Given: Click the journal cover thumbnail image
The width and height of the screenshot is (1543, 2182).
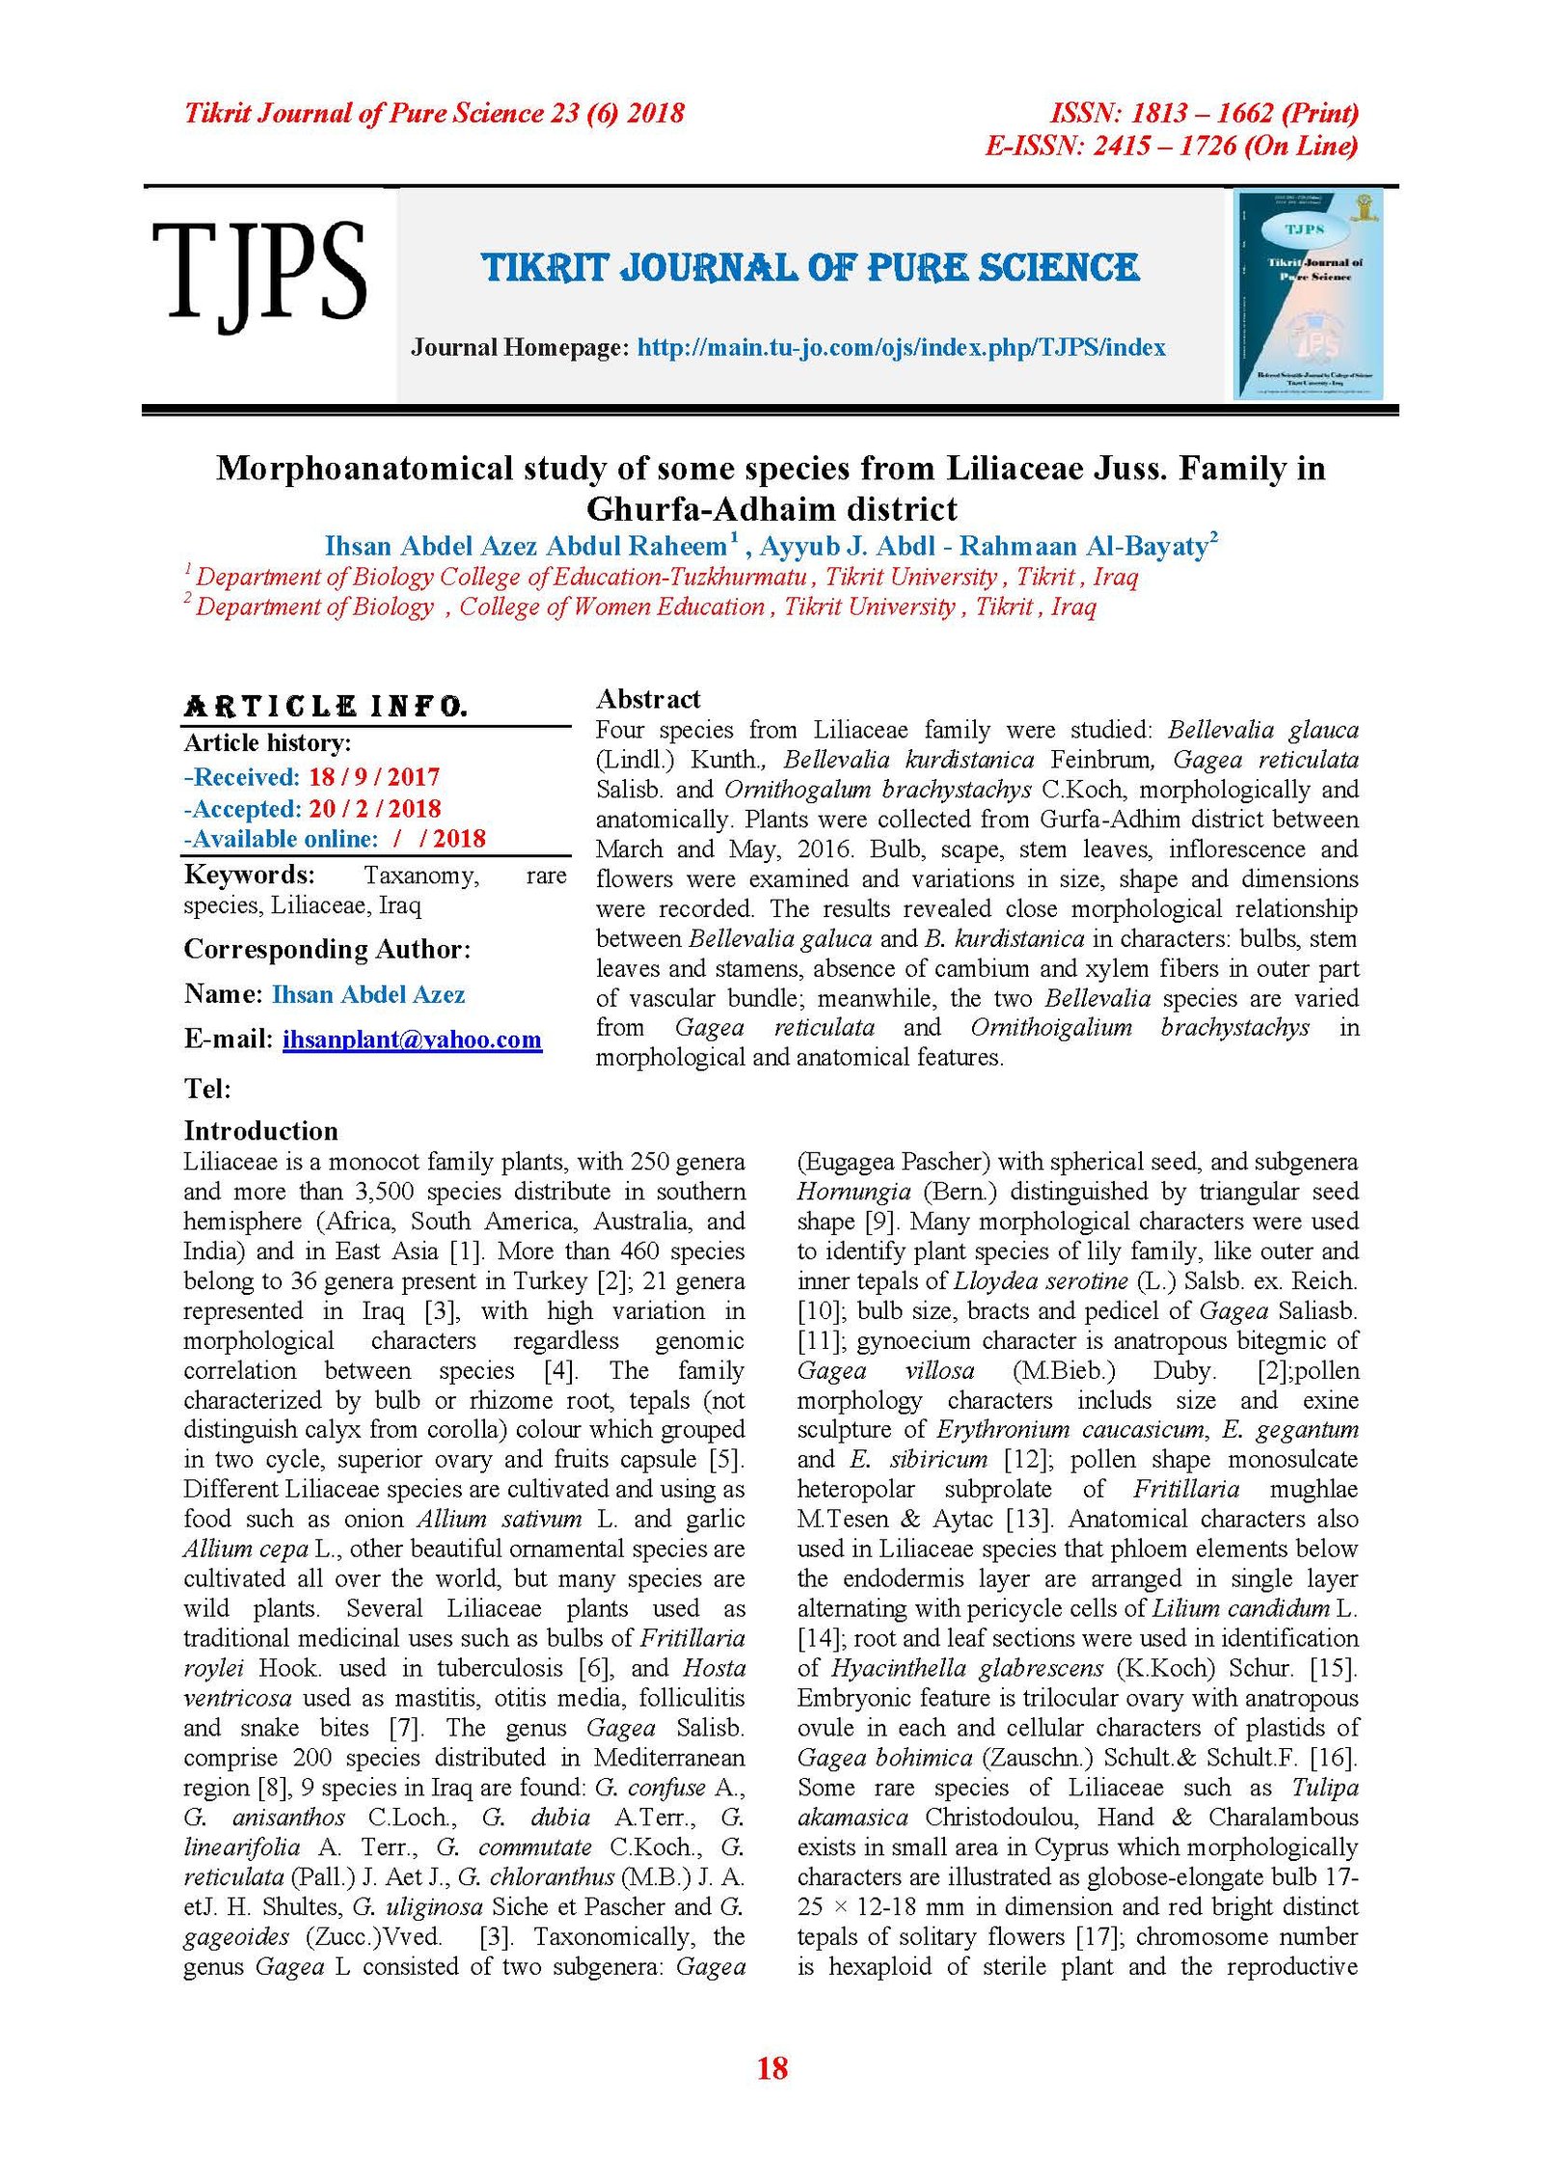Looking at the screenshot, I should pyautogui.click(x=1309, y=294).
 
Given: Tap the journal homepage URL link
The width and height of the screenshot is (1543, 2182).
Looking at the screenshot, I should pyautogui.click(x=901, y=347).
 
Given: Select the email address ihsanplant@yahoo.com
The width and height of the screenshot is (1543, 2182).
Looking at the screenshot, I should pyautogui.click(x=412, y=1039).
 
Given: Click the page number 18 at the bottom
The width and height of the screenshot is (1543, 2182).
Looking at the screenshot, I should pyautogui.click(x=771, y=2067).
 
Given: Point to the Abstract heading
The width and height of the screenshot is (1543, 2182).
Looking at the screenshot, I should pyautogui.click(x=648, y=699).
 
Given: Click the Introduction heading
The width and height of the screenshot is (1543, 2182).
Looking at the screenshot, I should pyautogui.click(x=260, y=1131).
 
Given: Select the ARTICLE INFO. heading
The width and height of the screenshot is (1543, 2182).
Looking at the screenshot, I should pyautogui.click(x=326, y=707).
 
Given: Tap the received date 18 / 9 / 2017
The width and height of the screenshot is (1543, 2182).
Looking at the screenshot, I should pyautogui.click(x=374, y=777).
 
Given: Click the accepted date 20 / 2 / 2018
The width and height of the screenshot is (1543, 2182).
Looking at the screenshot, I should pyautogui.click(x=374, y=809).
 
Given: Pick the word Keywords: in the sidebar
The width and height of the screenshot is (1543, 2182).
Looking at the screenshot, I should pyautogui.click(x=250, y=875).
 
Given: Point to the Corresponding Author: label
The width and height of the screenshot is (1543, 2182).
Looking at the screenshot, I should pyautogui.click(x=327, y=949).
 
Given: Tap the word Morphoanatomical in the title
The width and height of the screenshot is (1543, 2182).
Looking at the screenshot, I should pyautogui.click(x=364, y=469).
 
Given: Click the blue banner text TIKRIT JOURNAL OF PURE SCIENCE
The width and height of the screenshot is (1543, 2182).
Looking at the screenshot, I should pyautogui.click(x=810, y=268).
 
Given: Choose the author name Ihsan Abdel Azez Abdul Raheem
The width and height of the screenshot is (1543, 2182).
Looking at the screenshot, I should pyautogui.click(x=526, y=547).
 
